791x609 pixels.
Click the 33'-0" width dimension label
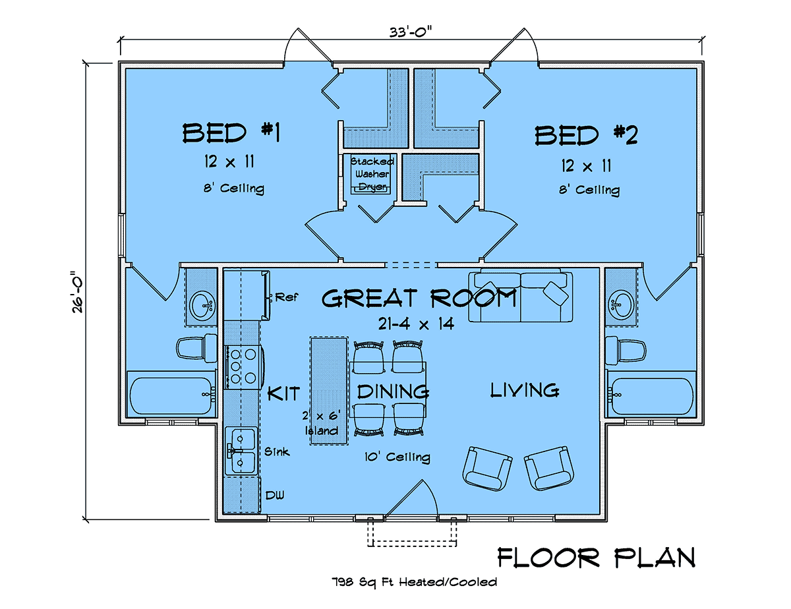(x=410, y=32)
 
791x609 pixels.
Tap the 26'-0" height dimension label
(x=77, y=291)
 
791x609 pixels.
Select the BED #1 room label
(x=231, y=132)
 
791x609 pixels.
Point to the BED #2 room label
(x=586, y=135)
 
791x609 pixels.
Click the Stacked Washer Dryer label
(x=372, y=174)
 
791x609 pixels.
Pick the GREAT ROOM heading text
(x=419, y=299)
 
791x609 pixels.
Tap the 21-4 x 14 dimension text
(x=416, y=324)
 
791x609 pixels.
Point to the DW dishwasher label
(x=275, y=495)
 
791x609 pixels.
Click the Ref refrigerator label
(x=287, y=297)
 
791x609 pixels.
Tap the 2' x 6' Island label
(x=322, y=422)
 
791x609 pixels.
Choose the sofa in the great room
(x=521, y=296)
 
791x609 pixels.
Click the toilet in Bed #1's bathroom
(x=196, y=349)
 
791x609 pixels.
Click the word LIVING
(x=525, y=390)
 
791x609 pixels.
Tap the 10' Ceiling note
(x=397, y=457)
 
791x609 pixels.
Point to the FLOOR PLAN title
(x=597, y=558)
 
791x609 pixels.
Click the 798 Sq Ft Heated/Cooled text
(x=414, y=582)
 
